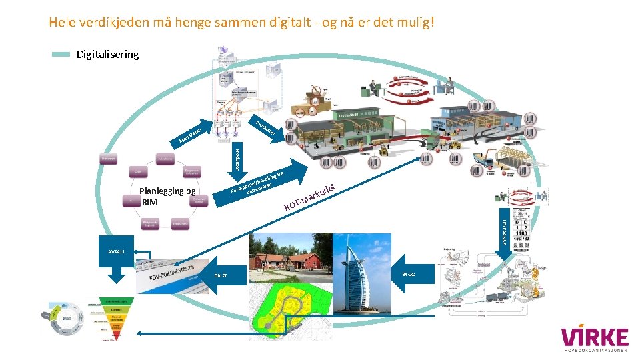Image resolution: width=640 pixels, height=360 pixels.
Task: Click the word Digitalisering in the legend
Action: click(107, 55)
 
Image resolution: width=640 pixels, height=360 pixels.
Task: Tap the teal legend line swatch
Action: click(61, 55)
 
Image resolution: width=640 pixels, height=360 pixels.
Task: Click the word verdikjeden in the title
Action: click(114, 23)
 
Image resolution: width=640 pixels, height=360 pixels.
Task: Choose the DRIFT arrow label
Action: click(221, 275)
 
